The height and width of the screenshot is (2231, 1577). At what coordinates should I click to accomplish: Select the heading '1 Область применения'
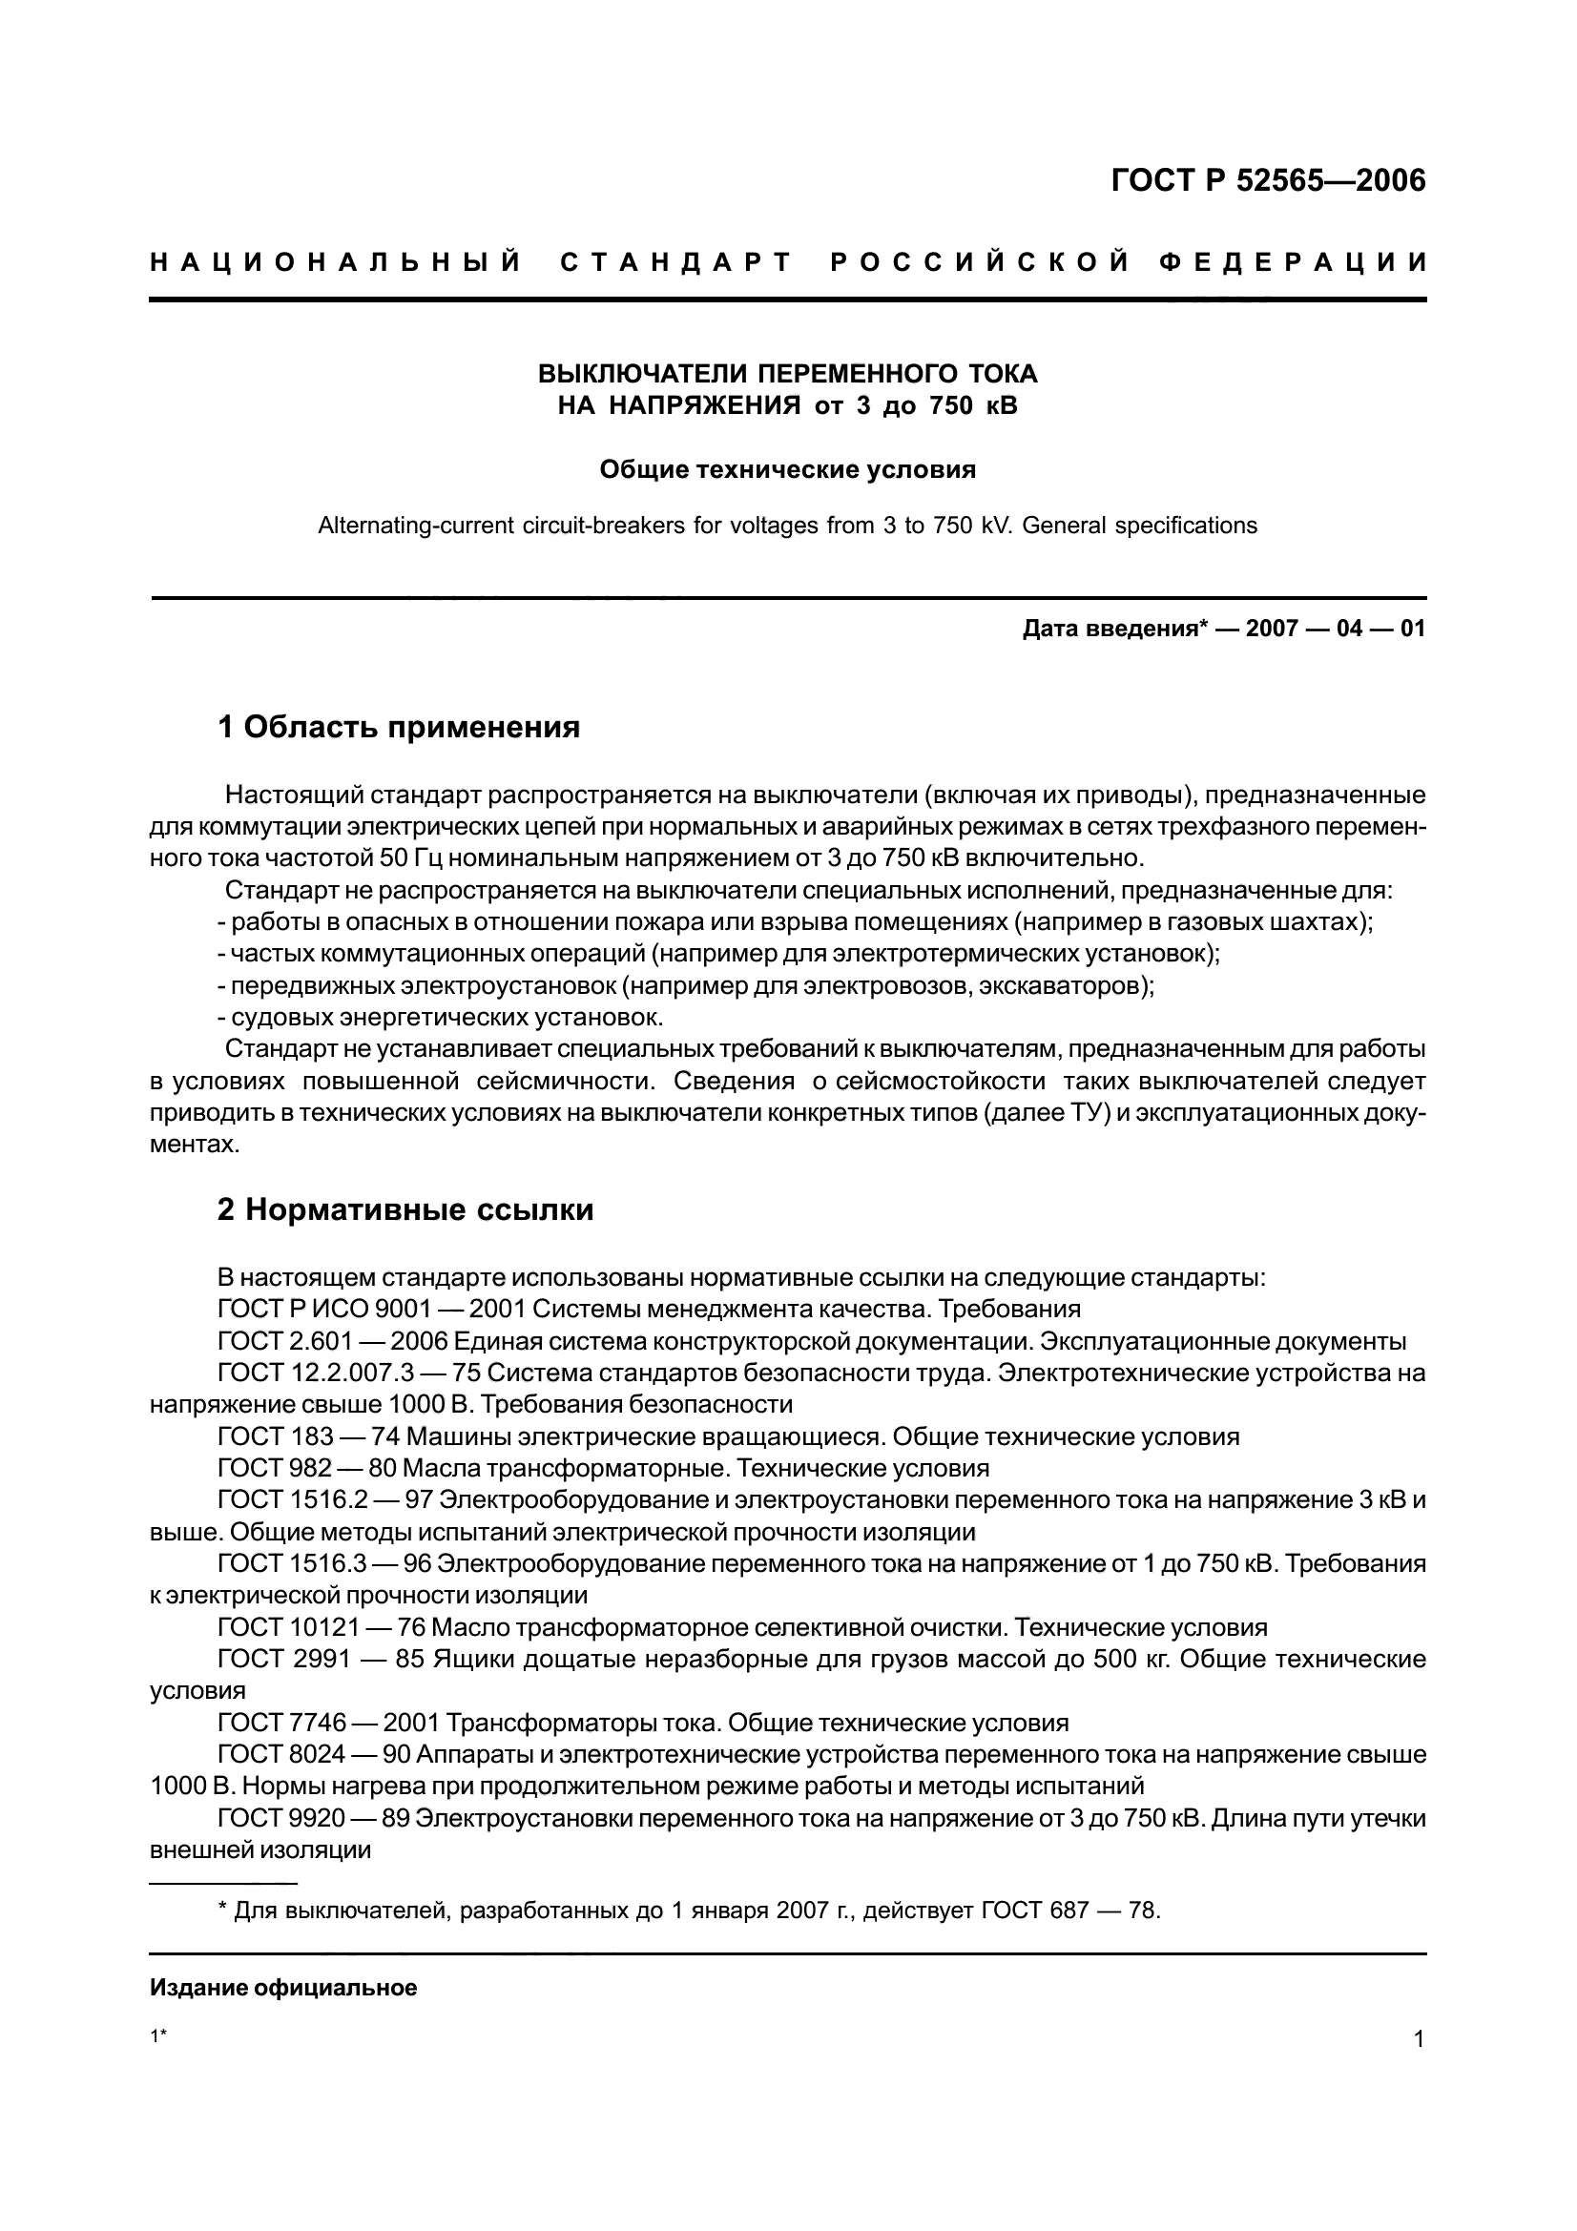point(399,727)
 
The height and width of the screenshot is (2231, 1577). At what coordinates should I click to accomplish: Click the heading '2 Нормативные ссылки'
point(405,1209)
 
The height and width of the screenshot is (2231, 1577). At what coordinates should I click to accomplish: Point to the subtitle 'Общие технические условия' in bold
point(787,470)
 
